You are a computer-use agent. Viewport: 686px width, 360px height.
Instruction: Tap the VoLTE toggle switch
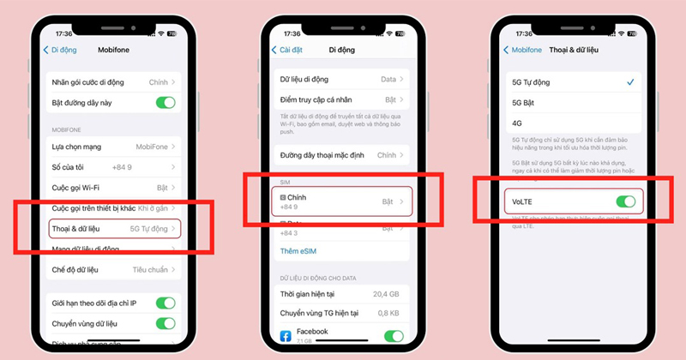625,202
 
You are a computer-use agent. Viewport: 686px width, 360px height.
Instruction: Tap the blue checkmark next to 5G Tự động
630,81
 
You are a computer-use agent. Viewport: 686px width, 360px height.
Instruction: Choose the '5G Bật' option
523,101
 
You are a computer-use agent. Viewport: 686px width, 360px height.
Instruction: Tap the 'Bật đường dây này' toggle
165,102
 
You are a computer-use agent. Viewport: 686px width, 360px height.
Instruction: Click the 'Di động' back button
61,50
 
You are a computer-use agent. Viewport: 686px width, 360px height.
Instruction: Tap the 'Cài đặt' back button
288,50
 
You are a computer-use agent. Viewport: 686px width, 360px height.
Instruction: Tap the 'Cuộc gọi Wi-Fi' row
111,187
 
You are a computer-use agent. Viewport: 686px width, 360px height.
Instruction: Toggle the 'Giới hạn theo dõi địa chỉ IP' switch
165,303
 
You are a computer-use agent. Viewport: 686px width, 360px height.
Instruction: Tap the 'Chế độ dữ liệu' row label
75,270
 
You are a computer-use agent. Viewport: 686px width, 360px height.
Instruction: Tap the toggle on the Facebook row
394,336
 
